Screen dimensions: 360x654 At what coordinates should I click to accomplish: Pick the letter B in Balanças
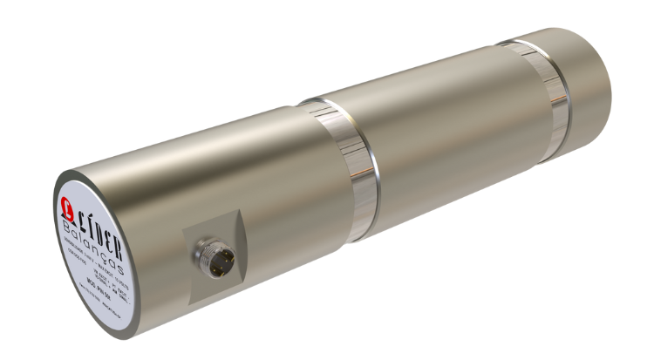(70, 228)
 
